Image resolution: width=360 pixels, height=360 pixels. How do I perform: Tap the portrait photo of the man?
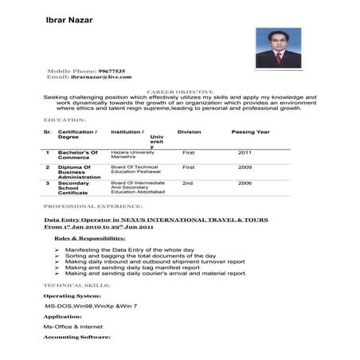(x=278, y=48)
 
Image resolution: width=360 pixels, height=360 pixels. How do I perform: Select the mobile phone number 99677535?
(x=112, y=72)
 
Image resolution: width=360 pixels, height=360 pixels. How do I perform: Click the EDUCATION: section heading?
(x=65, y=119)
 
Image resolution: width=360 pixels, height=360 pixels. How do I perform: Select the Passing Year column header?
(x=250, y=131)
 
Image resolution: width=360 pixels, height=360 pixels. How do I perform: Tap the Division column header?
(x=189, y=131)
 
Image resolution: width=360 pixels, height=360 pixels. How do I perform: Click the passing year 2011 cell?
(x=245, y=151)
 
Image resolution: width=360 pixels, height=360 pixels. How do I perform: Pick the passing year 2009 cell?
(x=245, y=167)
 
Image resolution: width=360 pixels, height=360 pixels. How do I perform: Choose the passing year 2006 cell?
(x=245, y=183)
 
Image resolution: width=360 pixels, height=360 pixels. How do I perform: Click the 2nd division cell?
(x=188, y=183)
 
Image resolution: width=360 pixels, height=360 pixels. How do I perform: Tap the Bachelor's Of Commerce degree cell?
(x=78, y=155)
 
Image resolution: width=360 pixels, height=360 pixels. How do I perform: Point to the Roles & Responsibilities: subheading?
(x=89, y=238)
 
